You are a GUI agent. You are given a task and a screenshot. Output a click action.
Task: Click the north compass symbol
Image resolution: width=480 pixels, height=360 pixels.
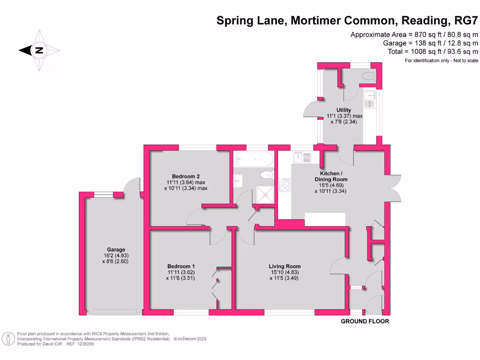[x=39, y=50]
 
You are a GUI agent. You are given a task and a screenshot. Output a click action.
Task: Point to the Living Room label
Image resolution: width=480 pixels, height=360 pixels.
[x=284, y=266]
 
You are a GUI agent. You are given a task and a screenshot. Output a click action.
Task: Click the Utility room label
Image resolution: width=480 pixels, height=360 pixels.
[x=344, y=110]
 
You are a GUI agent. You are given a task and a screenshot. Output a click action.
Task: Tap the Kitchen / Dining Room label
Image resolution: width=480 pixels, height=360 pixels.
[x=333, y=175]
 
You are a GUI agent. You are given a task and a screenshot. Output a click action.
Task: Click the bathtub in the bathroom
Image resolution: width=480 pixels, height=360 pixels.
[x=255, y=159]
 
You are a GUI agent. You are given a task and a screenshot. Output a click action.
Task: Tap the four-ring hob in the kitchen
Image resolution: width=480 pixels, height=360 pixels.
[x=284, y=185]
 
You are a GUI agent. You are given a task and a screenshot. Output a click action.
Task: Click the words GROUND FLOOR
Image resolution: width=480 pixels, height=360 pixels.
[x=365, y=322]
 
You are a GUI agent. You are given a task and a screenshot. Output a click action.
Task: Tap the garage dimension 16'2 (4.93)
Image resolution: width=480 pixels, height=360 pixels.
[x=115, y=255]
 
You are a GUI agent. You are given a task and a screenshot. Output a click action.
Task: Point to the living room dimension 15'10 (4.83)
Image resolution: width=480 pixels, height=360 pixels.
[x=284, y=272]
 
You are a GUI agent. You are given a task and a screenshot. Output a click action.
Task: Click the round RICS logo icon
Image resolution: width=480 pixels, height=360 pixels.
[x=8, y=338]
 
